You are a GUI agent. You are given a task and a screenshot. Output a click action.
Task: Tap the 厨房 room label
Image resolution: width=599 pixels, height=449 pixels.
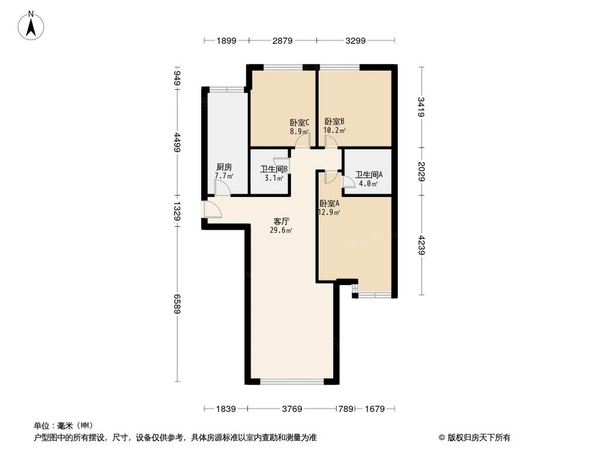tap(224, 167)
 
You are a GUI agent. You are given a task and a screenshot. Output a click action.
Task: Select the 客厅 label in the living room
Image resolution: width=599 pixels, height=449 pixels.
tap(282, 221)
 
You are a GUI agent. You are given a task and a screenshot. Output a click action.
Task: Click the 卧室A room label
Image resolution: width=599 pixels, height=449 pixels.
tap(329, 204)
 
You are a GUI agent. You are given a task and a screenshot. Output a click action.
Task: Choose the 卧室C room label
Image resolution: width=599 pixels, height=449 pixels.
tap(299, 123)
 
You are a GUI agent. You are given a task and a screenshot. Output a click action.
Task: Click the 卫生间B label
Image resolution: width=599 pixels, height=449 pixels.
tap(274, 169)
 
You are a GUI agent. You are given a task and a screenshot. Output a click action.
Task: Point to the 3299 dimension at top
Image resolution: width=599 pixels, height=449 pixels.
tap(356, 41)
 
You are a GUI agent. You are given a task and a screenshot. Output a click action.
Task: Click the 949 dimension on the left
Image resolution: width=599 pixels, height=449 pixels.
tap(178, 78)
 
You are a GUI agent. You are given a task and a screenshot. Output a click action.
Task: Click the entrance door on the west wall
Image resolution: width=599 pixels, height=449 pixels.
tap(211, 210)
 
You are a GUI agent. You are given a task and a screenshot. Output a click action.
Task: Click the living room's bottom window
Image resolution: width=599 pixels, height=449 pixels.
tap(293, 381)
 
